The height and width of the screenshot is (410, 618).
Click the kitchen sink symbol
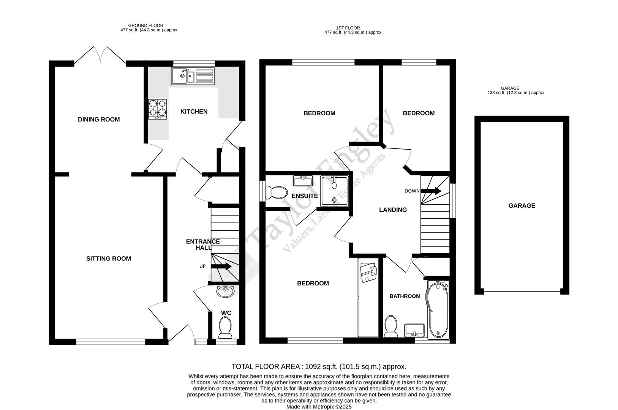tap(193, 76)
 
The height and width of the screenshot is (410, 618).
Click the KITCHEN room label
tap(194, 112)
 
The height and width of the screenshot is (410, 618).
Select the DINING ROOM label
tap(99, 120)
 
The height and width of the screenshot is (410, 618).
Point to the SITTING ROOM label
tap(109, 259)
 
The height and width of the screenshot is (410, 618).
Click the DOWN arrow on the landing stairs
tap(431, 191)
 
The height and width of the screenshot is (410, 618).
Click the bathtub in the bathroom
tap(438, 310)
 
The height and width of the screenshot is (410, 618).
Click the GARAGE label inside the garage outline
tap(522, 206)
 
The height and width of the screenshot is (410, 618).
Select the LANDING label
tap(393, 210)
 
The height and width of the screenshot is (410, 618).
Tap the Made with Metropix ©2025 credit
tap(319, 407)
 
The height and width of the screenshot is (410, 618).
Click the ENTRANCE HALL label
tap(203, 244)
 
